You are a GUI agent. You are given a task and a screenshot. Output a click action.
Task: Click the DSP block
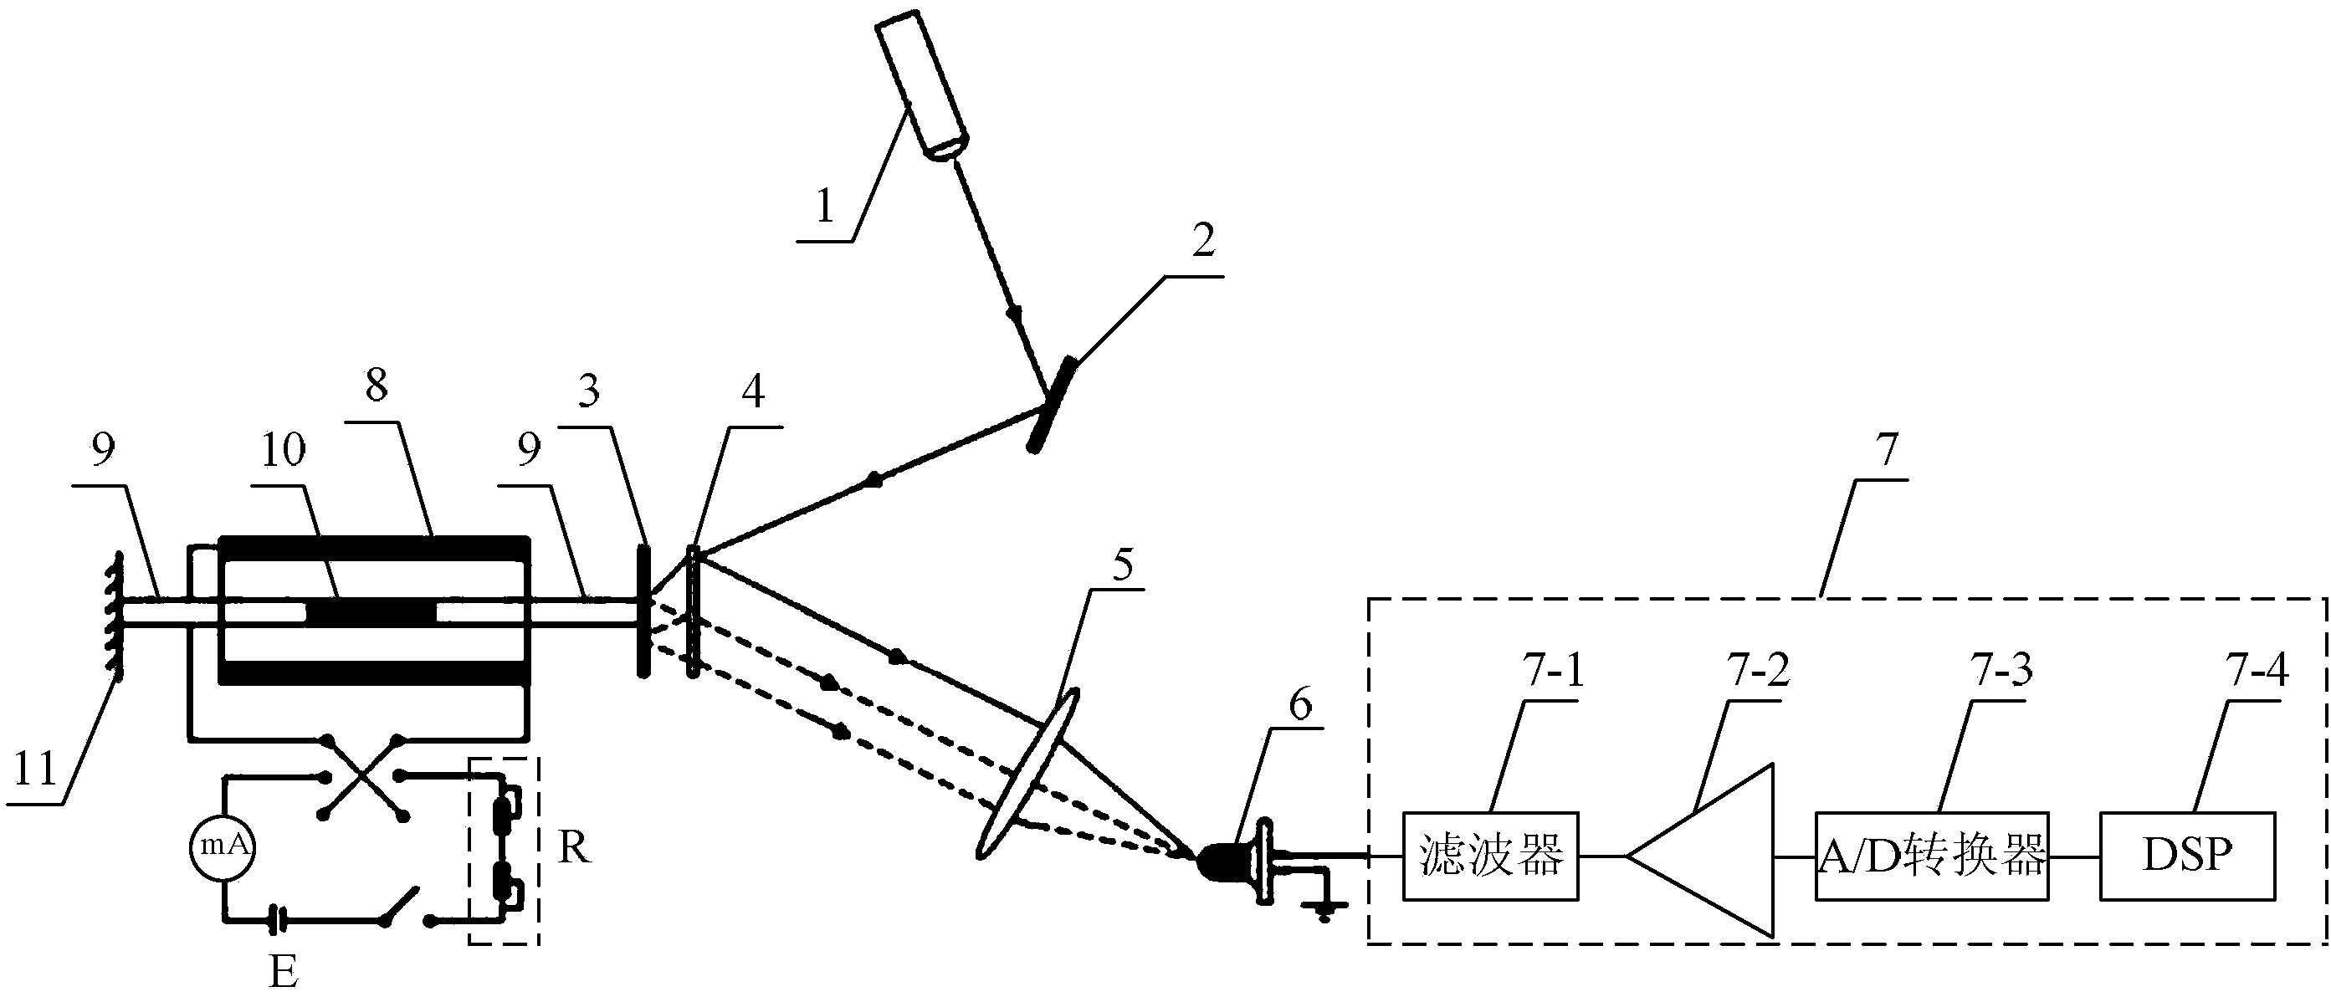pos(2186,856)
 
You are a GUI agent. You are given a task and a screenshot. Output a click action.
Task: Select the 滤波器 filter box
pos(1490,856)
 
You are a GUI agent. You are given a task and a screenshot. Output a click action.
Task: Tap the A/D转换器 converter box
pos(1931,856)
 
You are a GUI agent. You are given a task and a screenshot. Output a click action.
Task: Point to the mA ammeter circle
pos(222,846)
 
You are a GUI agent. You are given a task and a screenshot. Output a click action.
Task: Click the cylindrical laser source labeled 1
pos(922,86)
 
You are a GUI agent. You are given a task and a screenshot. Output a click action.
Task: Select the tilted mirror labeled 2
pos(1051,405)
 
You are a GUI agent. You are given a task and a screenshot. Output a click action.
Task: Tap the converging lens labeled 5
pos(1028,774)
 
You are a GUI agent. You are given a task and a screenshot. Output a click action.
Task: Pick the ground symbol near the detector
pos(1324,908)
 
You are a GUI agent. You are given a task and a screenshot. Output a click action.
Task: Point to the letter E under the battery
pos(284,973)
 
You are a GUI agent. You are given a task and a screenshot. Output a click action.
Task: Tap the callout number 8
pos(377,386)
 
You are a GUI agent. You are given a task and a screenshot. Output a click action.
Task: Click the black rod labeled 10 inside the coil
pos(371,611)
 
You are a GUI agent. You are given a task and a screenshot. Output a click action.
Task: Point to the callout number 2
pos(1202,240)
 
